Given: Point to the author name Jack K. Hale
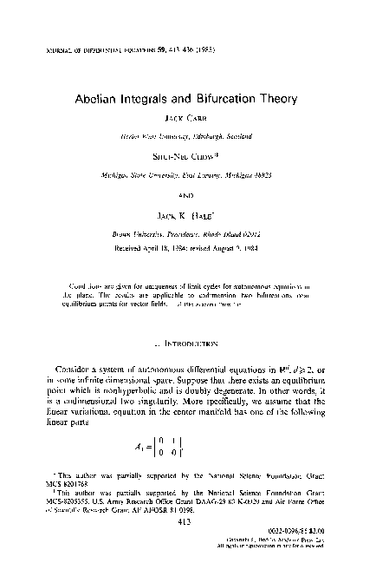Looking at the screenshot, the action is [188, 219].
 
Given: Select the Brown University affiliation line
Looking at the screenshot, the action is [188, 235].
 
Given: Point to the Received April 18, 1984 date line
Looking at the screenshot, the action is [188, 247].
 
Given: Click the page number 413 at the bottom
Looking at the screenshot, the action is [187, 522].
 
